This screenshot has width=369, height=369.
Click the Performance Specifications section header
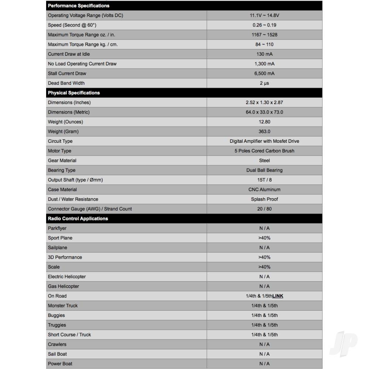click(x=79, y=6)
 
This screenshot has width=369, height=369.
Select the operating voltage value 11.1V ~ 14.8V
click(x=264, y=15)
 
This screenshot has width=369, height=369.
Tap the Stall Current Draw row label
click(x=67, y=73)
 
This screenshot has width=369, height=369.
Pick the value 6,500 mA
click(x=264, y=73)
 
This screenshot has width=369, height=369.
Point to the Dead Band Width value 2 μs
click(x=264, y=83)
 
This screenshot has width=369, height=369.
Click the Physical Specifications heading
click(x=74, y=93)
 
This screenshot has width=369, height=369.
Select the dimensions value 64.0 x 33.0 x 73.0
click(x=264, y=112)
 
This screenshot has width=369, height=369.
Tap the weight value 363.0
click(x=264, y=131)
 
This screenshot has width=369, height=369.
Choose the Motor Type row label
click(x=59, y=151)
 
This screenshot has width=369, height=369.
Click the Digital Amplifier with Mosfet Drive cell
click(x=264, y=141)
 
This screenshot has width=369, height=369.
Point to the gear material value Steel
click(x=264, y=161)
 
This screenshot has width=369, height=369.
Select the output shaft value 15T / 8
click(x=264, y=180)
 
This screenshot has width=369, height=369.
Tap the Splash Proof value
click(x=264, y=199)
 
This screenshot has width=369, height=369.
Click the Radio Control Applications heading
click(x=78, y=218)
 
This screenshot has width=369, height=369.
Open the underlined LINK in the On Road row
click(x=278, y=296)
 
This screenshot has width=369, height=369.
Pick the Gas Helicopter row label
click(x=63, y=286)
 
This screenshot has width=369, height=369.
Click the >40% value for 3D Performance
click(x=264, y=257)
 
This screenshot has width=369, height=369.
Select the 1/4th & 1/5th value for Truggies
click(x=264, y=325)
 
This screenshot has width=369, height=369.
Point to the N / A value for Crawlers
click(x=264, y=344)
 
